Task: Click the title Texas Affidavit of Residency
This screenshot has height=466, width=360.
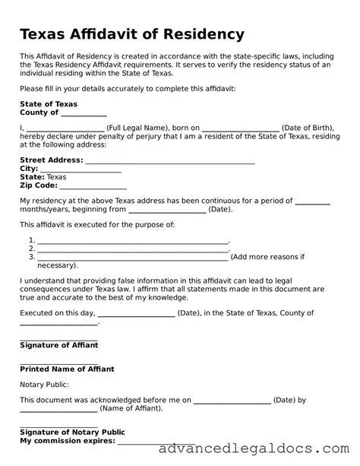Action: point(132,34)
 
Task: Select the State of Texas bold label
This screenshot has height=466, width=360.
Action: point(49,104)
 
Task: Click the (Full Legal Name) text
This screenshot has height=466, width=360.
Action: point(138,128)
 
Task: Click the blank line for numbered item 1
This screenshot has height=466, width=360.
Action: point(132,240)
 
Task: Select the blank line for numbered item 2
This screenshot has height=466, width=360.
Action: point(132,249)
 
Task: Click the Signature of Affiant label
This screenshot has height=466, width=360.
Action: point(58,345)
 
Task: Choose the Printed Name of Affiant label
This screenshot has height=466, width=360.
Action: point(67,369)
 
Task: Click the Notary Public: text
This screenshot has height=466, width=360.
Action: point(44,385)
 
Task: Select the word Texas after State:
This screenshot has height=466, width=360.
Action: point(57,176)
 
